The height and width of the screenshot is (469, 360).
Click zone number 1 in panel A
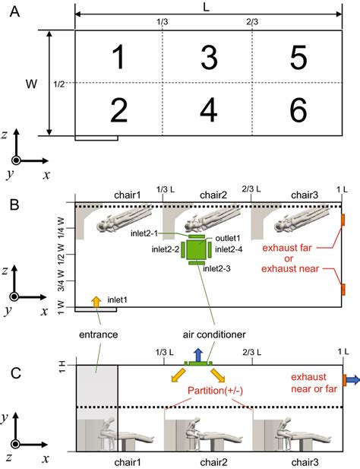(x=118, y=57)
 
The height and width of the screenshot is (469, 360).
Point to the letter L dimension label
(x=207, y=6)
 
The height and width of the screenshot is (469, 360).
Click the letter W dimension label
(x=31, y=81)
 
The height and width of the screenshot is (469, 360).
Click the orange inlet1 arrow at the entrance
(x=96, y=302)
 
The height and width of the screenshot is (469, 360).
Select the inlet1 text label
(x=117, y=299)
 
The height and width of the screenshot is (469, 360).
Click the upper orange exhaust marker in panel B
(x=343, y=220)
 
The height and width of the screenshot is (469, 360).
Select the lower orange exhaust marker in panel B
(x=343, y=289)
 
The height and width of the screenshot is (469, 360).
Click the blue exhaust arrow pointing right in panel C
(x=352, y=379)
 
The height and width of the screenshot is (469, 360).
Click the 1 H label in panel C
(x=62, y=366)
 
